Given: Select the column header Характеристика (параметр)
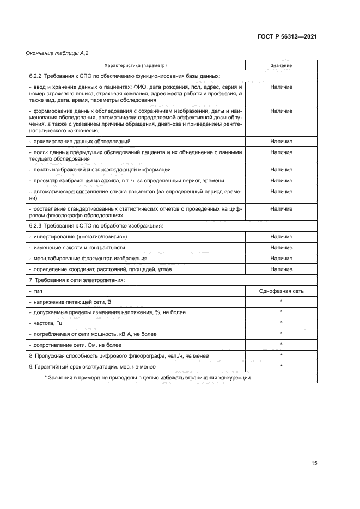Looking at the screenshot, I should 135,65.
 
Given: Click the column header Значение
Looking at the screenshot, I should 280,65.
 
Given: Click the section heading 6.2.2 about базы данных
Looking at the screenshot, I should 124,76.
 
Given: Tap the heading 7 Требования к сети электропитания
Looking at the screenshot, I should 76,280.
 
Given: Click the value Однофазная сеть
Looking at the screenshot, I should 281,291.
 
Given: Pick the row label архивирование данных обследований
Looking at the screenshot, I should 78,142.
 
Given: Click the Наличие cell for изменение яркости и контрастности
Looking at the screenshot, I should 281,248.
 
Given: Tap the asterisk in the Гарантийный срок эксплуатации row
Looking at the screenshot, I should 281,366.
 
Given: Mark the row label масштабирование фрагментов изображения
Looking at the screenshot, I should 89,259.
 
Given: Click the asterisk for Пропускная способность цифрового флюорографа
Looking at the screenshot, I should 281,355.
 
